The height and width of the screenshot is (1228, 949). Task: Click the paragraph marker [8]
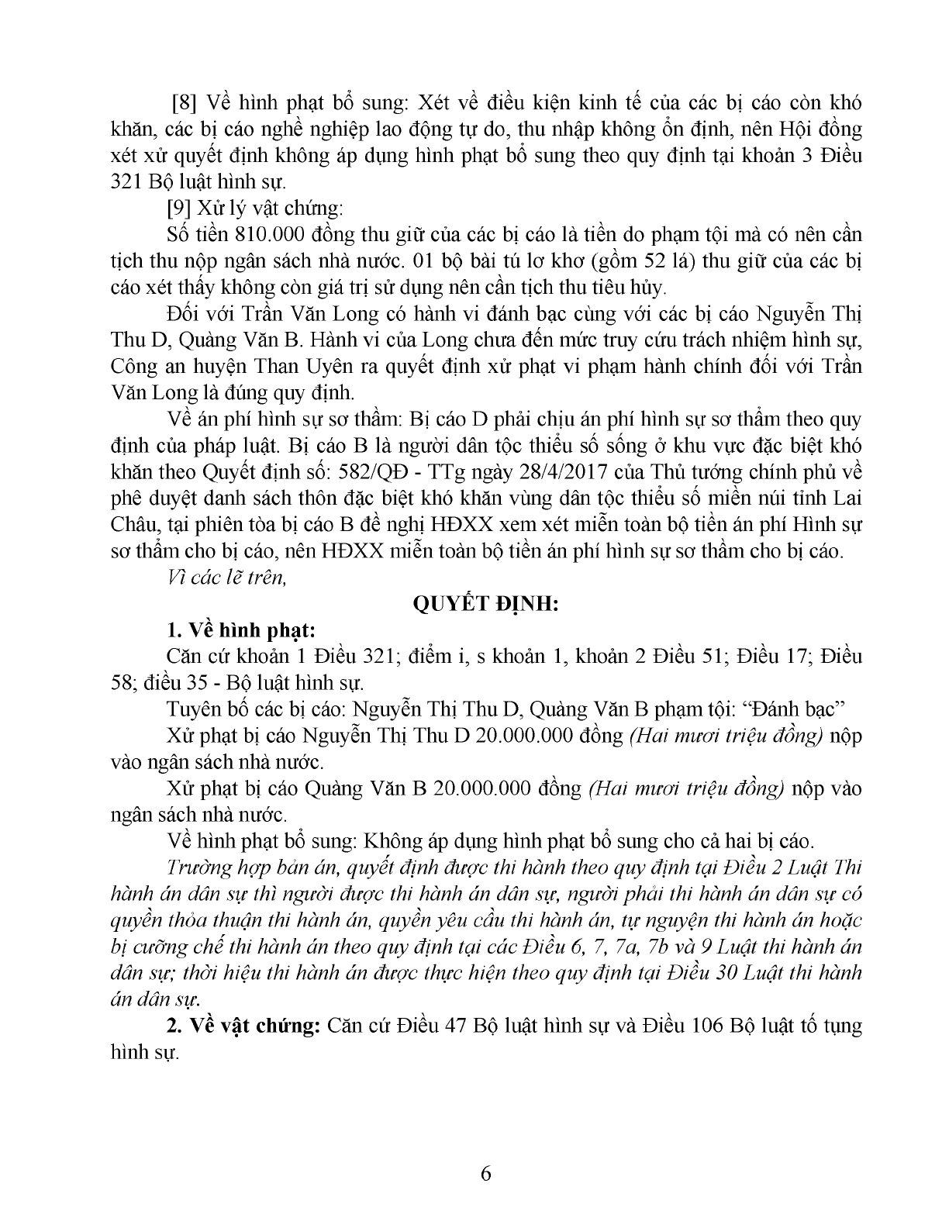coord(185,103)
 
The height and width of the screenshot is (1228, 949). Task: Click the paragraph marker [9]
coord(181,209)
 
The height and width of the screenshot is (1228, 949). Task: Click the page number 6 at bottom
coord(486,1174)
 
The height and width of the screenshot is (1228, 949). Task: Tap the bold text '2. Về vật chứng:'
coord(243,1026)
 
